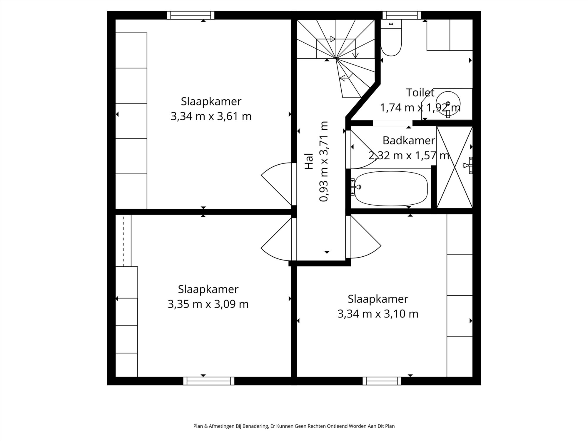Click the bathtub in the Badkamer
click(391, 188)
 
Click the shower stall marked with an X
click(455, 167)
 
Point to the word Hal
click(309, 161)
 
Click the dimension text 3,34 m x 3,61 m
click(211, 116)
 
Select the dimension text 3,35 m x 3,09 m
click(208, 304)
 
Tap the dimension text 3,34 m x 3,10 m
click(378, 314)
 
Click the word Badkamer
click(409, 141)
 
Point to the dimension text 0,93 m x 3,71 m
click(324, 161)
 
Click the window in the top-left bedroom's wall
click(191, 15)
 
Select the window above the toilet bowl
click(402, 15)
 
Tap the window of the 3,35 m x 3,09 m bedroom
click(209, 381)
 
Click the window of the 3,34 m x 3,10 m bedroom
click(382, 381)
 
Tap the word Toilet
click(420, 93)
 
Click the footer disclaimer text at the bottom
click(294, 426)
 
